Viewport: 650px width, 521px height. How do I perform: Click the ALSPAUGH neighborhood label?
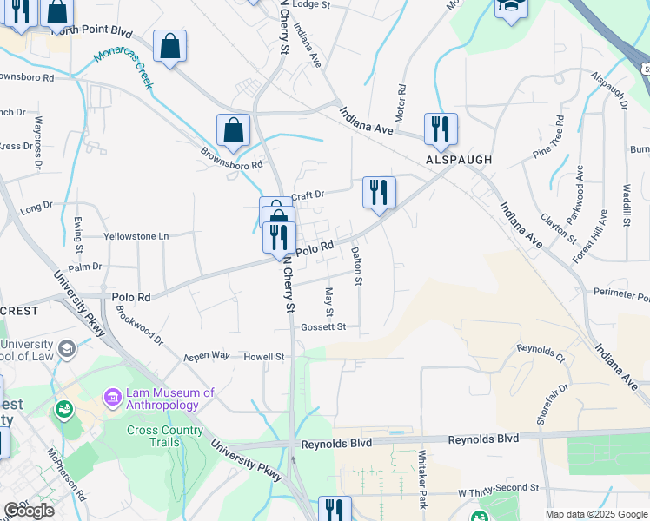[459, 161]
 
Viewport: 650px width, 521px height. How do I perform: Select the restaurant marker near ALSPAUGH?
[441, 129]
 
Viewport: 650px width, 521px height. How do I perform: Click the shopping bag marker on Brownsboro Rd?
[233, 131]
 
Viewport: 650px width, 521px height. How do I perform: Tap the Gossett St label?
[324, 327]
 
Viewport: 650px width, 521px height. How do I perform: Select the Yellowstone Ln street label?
[136, 236]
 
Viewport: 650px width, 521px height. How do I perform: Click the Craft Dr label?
[308, 195]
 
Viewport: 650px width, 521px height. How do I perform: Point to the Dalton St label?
[356, 266]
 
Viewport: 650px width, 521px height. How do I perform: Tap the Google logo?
[29, 511]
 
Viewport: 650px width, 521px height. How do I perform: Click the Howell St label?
[264, 357]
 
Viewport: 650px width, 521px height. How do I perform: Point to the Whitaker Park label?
[423, 472]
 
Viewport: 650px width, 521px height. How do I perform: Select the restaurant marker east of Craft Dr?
[379, 192]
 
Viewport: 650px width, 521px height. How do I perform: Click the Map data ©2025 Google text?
[596, 514]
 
